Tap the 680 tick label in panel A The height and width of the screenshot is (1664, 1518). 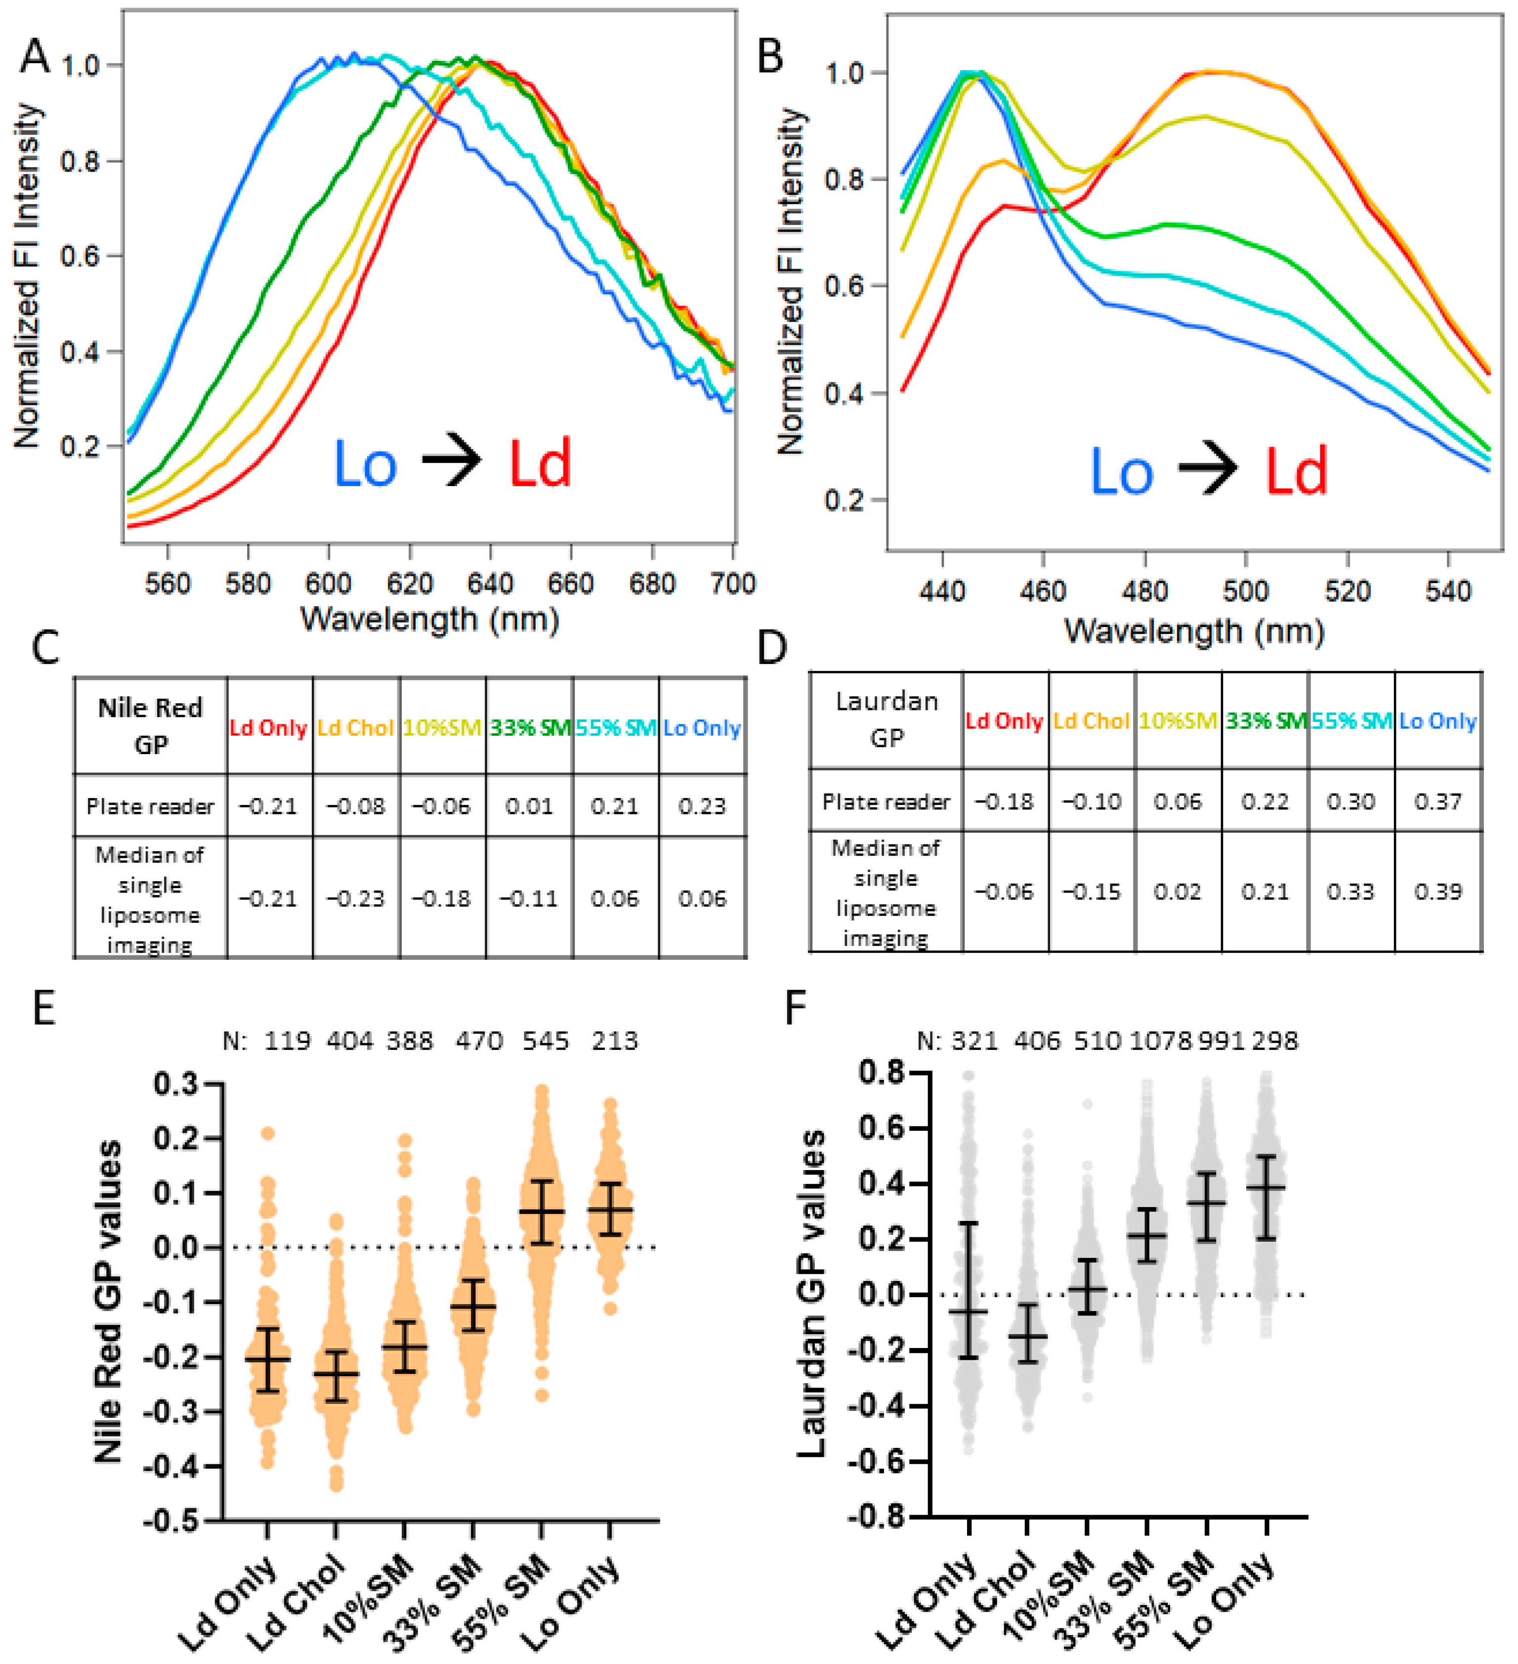(652, 584)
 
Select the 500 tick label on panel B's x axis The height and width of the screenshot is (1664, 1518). (1246, 591)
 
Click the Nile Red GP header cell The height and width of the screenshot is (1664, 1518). (150, 725)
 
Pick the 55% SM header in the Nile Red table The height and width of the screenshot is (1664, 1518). (615, 728)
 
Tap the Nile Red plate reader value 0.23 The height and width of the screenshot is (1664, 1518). (702, 806)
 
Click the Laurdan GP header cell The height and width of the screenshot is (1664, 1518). (887, 719)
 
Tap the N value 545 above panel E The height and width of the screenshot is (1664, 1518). (546, 1041)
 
